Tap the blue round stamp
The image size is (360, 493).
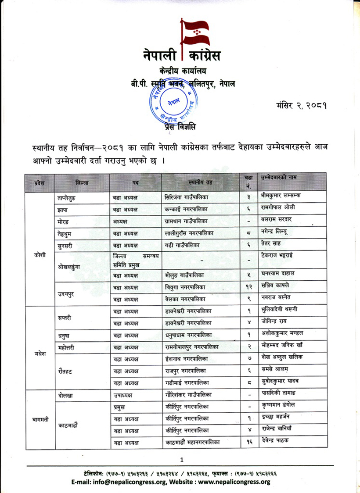(x=172, y=101)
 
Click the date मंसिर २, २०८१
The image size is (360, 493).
(x=303, y=106)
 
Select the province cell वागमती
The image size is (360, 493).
(x=38, y=419)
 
